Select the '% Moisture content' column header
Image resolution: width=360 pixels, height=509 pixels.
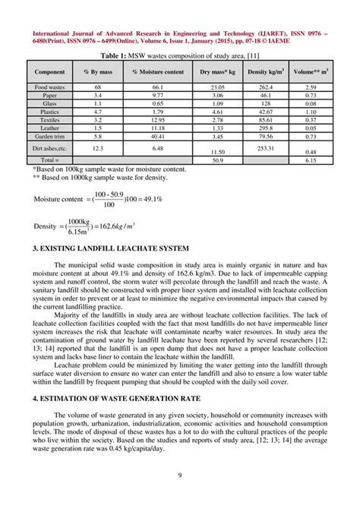(157, 71)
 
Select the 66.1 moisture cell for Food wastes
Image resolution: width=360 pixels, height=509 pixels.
(157, 87)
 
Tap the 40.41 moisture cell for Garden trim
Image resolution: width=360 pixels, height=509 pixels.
(157, 136)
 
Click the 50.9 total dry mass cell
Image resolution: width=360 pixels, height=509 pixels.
(217, 160)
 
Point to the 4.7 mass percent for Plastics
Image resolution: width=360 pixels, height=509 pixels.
(98, 112)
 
